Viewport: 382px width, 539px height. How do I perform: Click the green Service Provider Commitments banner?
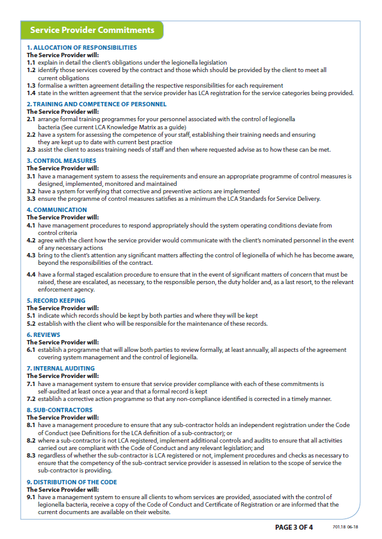pyautogui.click(x=92, y=30)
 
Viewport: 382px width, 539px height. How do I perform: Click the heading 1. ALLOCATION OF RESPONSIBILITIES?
pyautogui.click(x=82, y=48)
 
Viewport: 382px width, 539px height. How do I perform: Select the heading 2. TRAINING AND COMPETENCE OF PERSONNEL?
pyautogui.click(x=96, y=104)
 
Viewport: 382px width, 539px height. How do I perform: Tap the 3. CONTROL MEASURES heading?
pyautogui.click(x=61, y=160)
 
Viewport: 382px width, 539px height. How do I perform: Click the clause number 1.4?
pyautogui.click(x=31, y=93)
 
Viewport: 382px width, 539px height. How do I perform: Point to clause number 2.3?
pyautogui.click(x=31, y=149)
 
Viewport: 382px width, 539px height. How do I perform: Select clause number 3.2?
pyautogui.click(x=31, y=191)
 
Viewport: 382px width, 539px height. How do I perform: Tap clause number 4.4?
pyautogui.click(x=31, y=274)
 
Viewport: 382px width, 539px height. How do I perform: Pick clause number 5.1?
pyautogui.click(x=31, y=316)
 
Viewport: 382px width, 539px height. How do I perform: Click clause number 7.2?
pyautogui.click(x=31, y=398)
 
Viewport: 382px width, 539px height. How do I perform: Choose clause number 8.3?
pyautogui.click(x=31, y=456)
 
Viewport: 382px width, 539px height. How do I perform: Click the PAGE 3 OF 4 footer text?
pyautogui.click(x=294, y=527)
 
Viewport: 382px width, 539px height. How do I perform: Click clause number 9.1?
pyautogui.click(x=31, y=497)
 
